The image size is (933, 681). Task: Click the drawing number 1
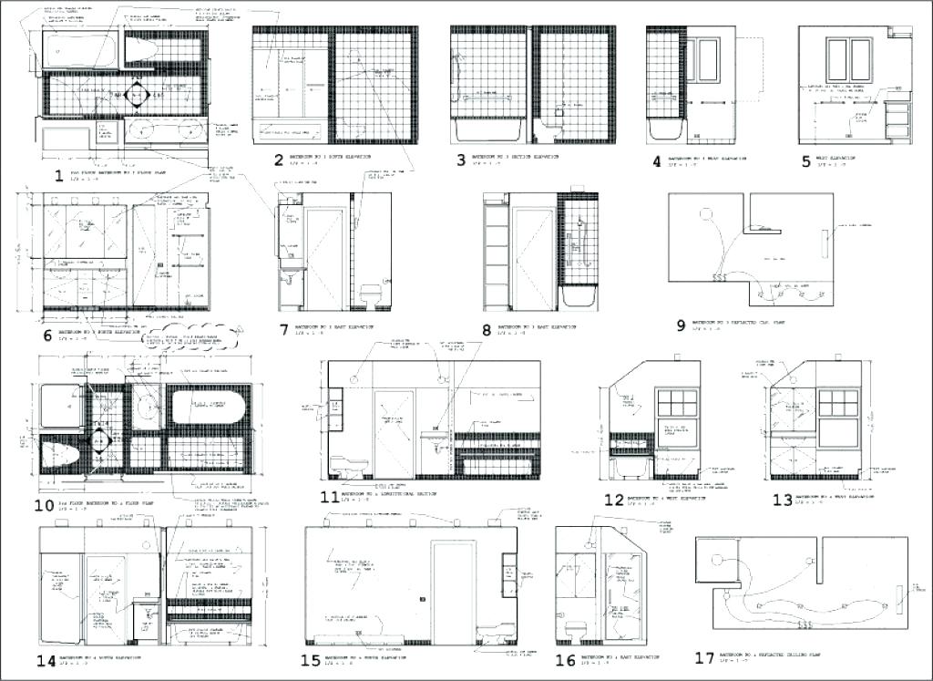click(58, 177)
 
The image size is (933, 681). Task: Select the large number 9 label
click(679, 324)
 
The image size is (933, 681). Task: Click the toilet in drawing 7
click(370, 295)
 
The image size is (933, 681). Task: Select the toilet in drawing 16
click(576, 630)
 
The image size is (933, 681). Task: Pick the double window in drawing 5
click(849, 60)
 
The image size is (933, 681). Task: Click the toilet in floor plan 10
click(63, 451)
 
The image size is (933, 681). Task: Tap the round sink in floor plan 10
click(145, 405)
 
